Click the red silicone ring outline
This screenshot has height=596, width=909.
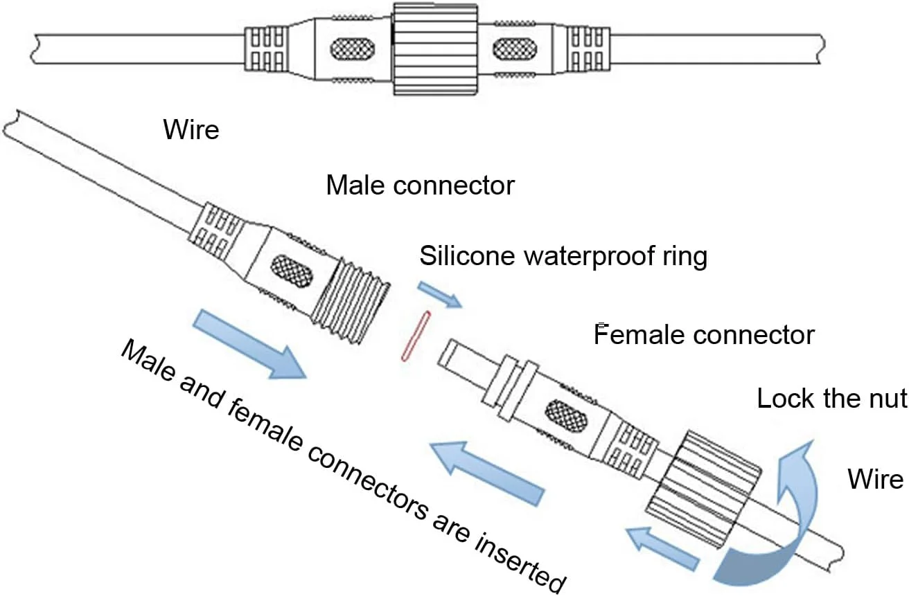pos(416,336)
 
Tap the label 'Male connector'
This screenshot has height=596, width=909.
pos(421,186)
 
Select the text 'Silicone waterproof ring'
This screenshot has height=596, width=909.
pos(563,256)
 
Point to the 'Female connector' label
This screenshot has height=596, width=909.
pos(705,335)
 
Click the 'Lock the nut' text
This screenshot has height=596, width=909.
pos(831,399)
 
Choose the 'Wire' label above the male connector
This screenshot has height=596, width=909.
pos(191,129)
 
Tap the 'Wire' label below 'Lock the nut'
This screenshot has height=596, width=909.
pos(876,478)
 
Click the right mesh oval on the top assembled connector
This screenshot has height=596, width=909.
pos(513,49)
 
